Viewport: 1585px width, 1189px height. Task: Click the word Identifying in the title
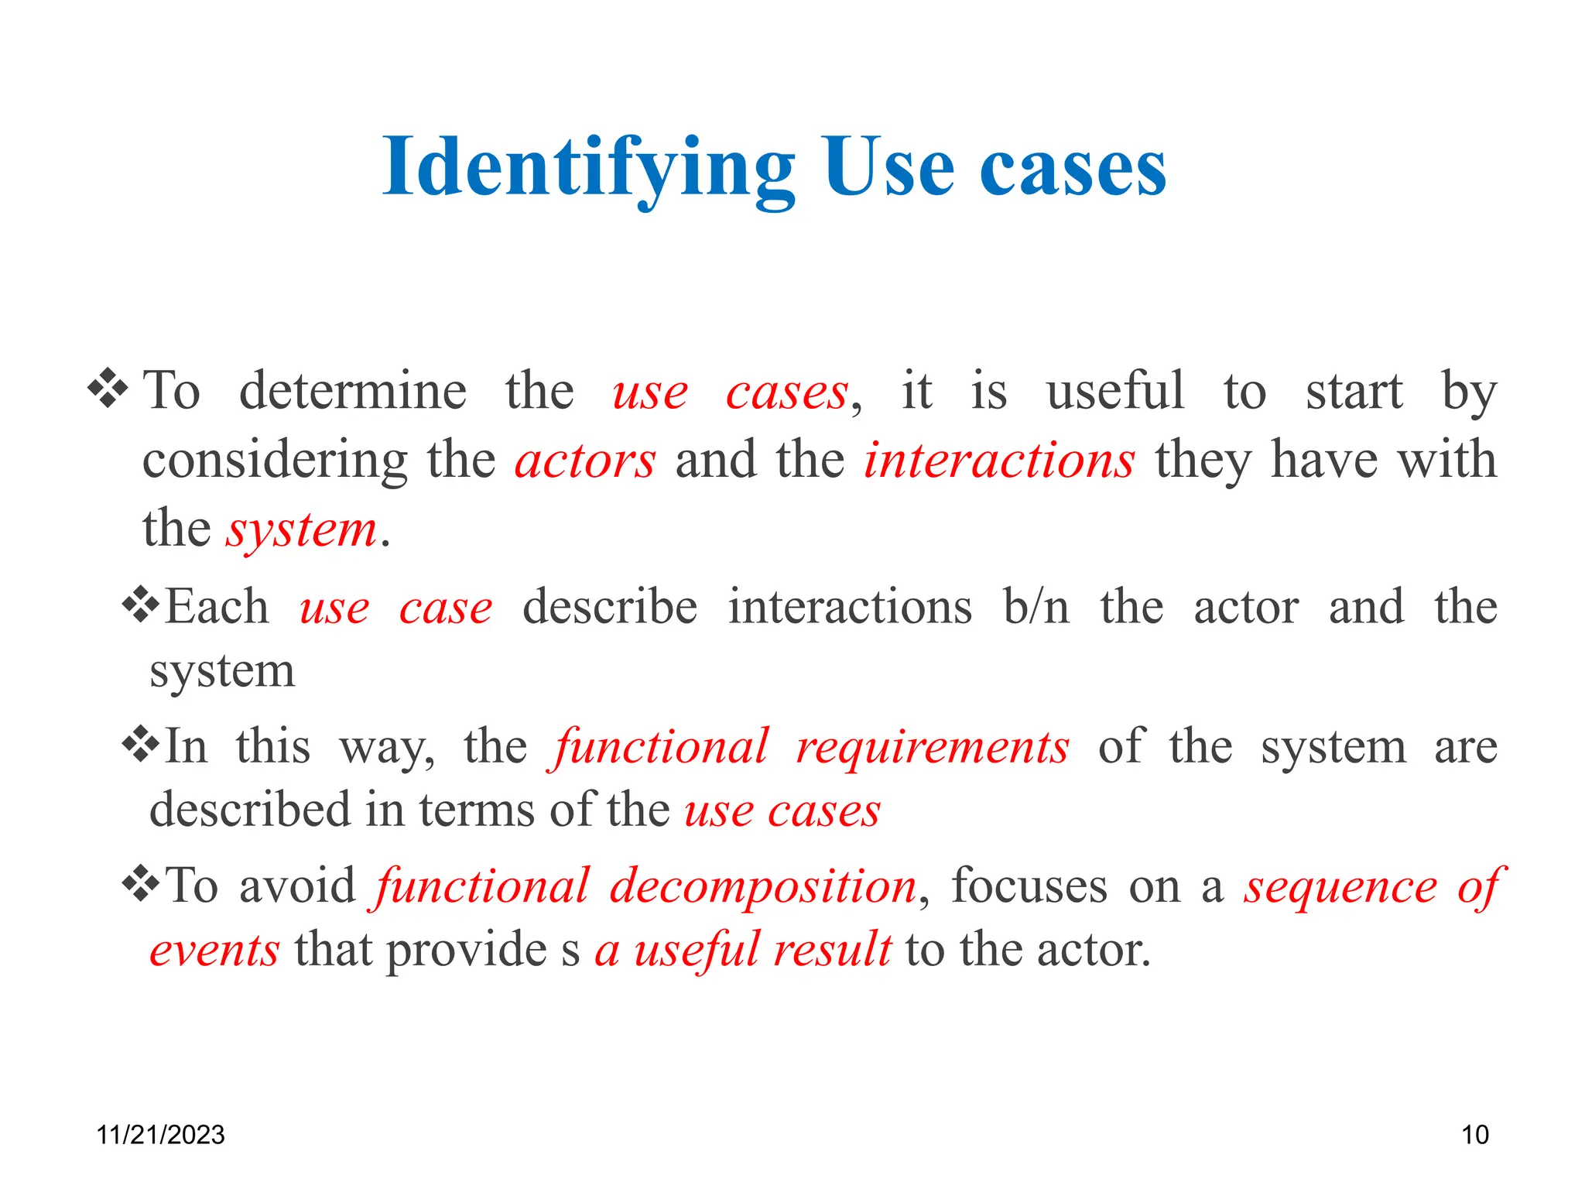(x=588, y=169)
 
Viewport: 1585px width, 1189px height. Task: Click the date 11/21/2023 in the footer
(x=160, y=1135)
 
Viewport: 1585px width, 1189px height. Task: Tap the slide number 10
(x=1474, y=1135)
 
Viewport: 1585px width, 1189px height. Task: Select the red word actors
(x=585, y=461)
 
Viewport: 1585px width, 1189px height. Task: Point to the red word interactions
(x=999, y=461)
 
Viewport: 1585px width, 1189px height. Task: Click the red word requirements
(x=933, y=748)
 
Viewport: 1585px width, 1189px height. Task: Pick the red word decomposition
(x=763, y=886)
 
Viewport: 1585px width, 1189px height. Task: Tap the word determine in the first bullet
(x=352, y=391)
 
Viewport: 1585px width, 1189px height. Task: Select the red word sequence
(x=1340, y=887)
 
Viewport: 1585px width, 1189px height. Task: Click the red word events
(x=214, y=951)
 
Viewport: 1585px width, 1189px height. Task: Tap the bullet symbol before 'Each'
(x=141, y=605)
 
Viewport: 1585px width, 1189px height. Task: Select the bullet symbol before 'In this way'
(x=141, y=745)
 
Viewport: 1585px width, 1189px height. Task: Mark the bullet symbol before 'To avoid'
(x=141, y=885)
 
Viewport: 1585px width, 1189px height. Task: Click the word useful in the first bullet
(x=1115, y=391)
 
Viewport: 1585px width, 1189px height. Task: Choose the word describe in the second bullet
(x=610, y=607)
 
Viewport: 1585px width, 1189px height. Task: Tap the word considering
(x=275, y=462)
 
